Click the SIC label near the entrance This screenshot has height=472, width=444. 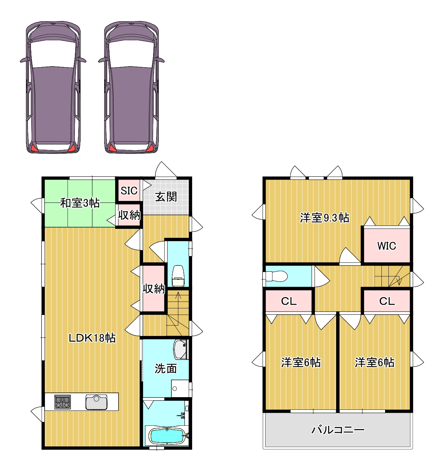click(x=129, y=190)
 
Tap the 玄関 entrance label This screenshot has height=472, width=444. click(x=166, y=197)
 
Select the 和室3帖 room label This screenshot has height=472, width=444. click(x=80, y=203)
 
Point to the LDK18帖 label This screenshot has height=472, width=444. click(x=92, y=338)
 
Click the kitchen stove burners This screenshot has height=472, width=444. click(x=63, y=402)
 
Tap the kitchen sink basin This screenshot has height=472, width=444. click(x=96, y=402)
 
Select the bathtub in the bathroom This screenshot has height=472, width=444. click(x=167, y=436)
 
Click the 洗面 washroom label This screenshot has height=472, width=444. click(x=166, y=369)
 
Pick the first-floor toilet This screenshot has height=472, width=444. click(x=178, y=276)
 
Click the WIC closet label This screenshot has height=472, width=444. click(x=387, y=246)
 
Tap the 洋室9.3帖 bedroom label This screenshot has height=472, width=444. click(x=325, y=218)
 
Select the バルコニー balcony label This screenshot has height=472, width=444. click(x=338, y=430)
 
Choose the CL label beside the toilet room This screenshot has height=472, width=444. click(x=289, y=301)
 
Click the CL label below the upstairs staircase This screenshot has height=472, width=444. click(x=387, y=301)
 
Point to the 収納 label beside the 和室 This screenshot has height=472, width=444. click(x=129, y=215)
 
